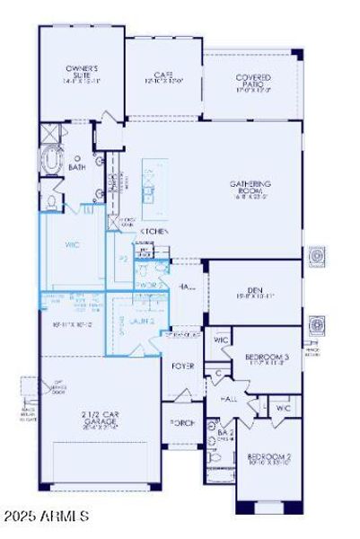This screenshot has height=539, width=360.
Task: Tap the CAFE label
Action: click(x=163, y=77)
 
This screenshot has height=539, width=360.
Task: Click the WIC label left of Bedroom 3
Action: click(x=221, y=341)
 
